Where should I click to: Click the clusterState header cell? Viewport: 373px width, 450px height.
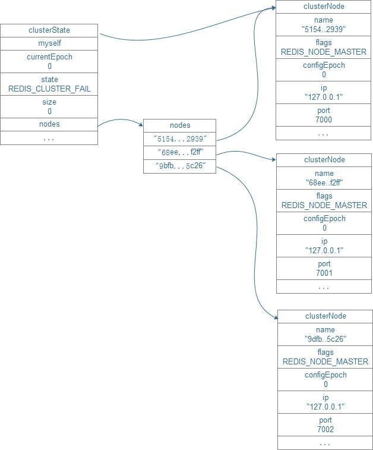click(49, 30)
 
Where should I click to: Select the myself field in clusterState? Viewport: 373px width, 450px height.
click(49, 43)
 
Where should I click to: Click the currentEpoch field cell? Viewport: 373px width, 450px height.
click(49, 61)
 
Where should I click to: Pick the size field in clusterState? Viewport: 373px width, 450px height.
click(49, 106)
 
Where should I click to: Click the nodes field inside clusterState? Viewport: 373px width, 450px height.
click(49, 124)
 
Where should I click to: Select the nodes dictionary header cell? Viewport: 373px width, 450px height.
click(180, 125)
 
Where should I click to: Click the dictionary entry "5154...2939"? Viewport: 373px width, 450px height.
click(180, 139)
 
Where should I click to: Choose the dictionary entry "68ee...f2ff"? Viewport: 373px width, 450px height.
click(180, 152)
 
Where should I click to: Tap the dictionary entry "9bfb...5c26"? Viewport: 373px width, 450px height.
click(180, 166)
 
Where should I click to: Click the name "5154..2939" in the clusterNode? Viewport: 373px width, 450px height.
click(324, 25)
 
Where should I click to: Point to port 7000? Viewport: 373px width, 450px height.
click(324, 115)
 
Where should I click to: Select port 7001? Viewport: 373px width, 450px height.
click(324, 269)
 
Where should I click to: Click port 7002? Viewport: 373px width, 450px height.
click(325, 424)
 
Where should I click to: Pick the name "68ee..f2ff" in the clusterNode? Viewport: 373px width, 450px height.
click(324, 178)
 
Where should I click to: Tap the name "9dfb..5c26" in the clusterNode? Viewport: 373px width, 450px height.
click(325, 334)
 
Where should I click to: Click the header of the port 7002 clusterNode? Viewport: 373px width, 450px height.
click(325, 316)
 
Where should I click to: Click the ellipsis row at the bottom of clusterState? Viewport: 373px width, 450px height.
click(49, 138)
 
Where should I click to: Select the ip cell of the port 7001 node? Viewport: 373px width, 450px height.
click(324, 246)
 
